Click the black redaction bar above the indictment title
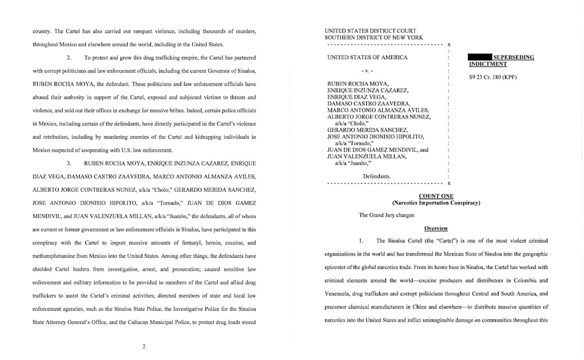pyautogui.click(x=480, y=57)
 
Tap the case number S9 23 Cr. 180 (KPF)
pyautogui.click(x=492, y=77)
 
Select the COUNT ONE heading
pyautogui.click(x=435, y=196)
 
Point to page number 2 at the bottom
pyautogui.click(x=143, y=347)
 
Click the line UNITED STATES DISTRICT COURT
pyautogui.click(x=370, y=31)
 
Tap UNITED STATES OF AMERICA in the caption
pyautogui.click(x=367, y=57)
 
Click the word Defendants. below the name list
pyautogui.click(x=376, y=176)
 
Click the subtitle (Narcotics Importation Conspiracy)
pyautogui.click(x=435, y=203)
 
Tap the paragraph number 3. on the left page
pyautogui.click(x=69, y=163)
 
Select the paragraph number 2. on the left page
pyautogui.click(x=69, y=57)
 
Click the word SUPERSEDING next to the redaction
pyautogui.click(x=513, y=57)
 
